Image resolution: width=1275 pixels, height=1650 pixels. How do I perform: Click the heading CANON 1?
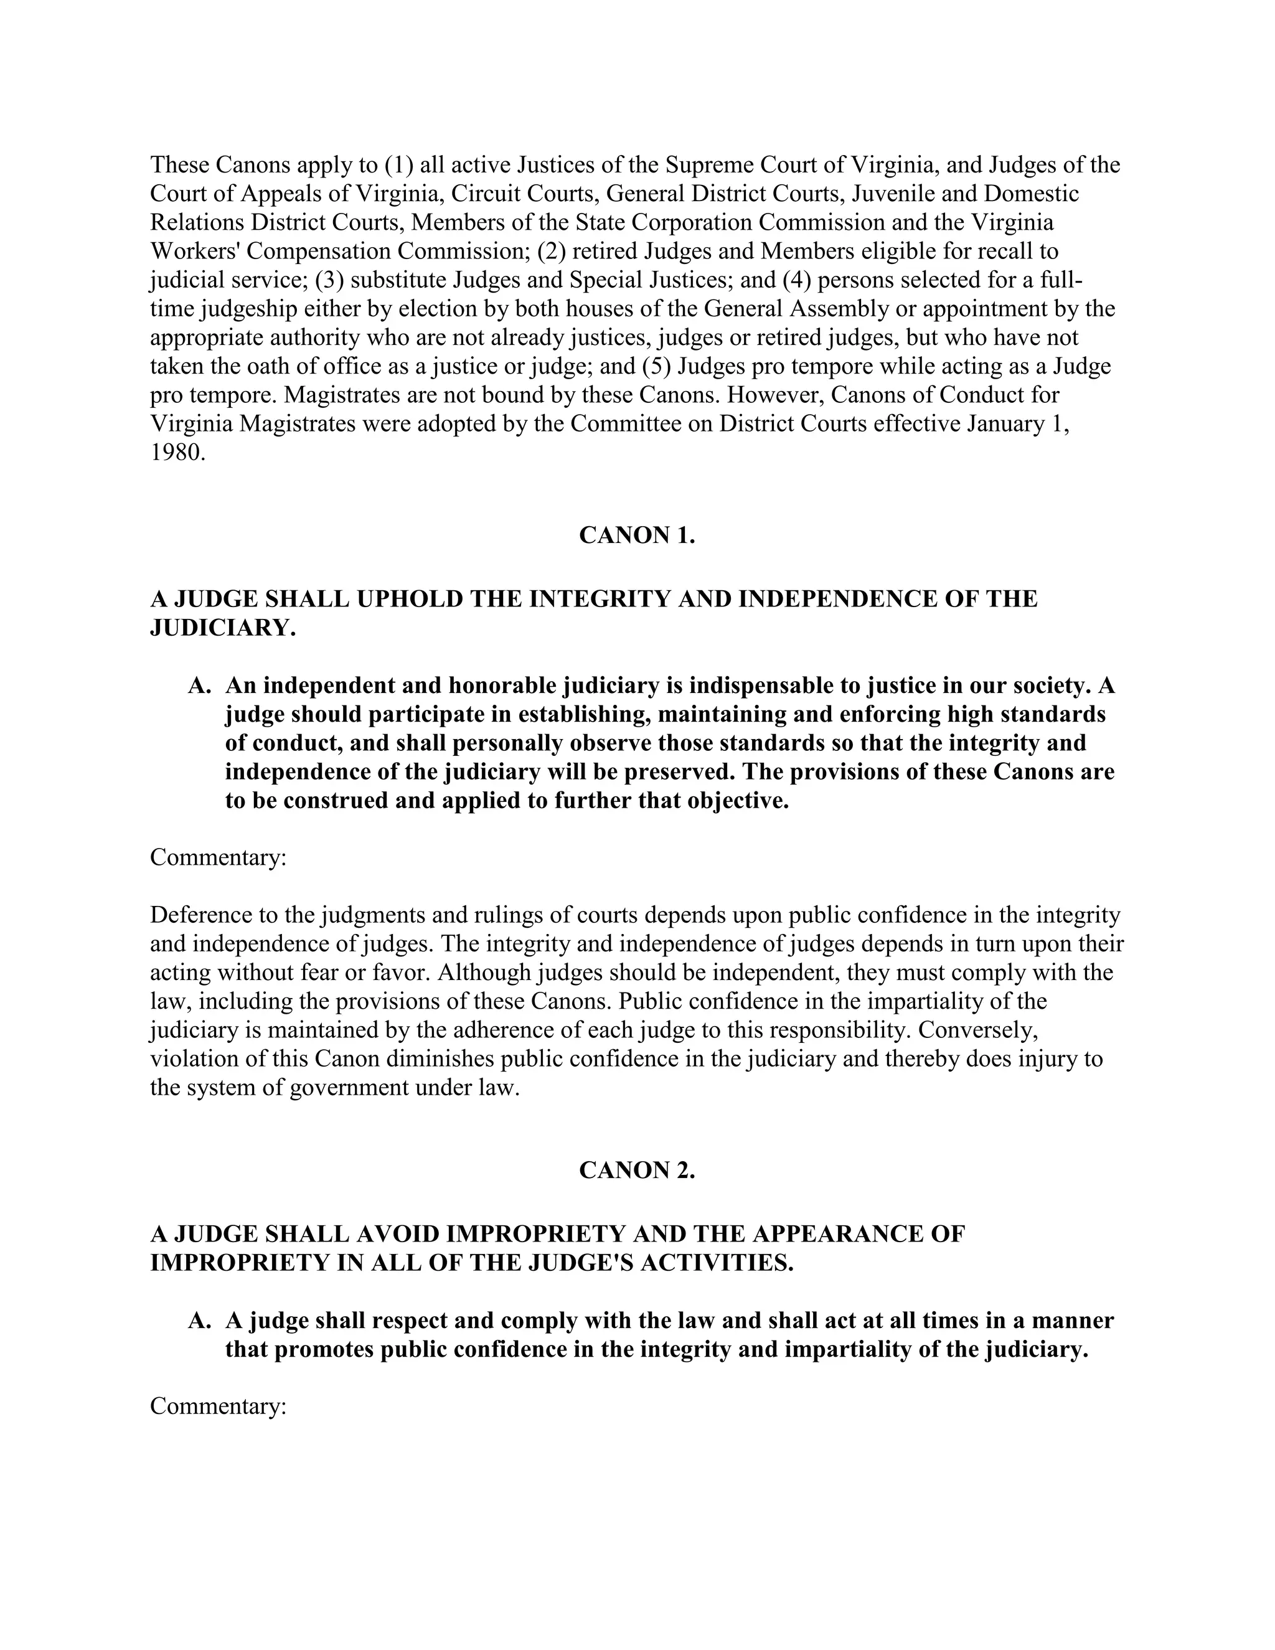[637, 535]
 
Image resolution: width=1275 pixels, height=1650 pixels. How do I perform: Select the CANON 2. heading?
[637, 1171]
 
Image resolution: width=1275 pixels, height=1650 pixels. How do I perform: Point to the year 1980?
[177, 453]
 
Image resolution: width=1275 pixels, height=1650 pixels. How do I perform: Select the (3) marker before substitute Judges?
[329, 280]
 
